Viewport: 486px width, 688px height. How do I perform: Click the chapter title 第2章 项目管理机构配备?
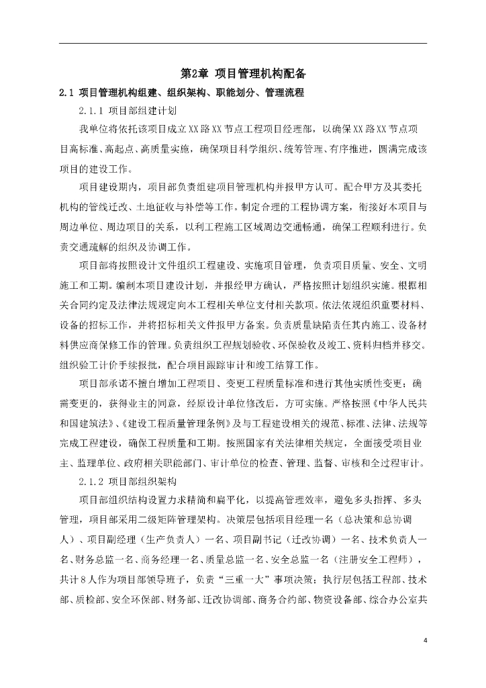[x=243, y=73]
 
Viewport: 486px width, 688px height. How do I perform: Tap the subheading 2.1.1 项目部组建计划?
[x=128, y=110]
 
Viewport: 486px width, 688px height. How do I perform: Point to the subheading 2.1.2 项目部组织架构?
[x=128, y=482]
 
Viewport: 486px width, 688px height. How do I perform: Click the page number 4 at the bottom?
[x=425, y=639]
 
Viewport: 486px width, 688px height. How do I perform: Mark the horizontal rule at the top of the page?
[x=243, y=44]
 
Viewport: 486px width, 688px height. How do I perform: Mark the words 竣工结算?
[x=324, y=365]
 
